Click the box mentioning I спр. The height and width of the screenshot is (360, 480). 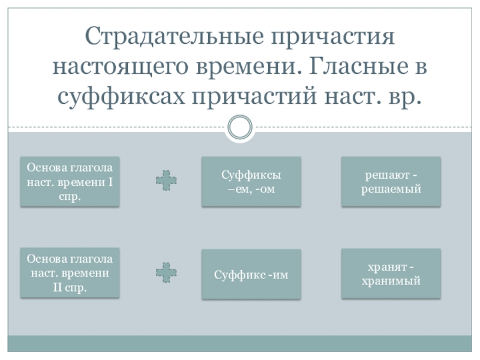70,182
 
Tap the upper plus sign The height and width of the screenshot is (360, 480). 166,181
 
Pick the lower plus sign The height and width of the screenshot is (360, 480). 166,272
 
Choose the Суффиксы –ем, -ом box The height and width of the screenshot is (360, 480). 250,182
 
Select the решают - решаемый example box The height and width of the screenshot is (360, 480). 391,182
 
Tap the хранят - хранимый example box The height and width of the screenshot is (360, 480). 391,274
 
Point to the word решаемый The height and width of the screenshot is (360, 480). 391,189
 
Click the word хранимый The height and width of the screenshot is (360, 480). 391,281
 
